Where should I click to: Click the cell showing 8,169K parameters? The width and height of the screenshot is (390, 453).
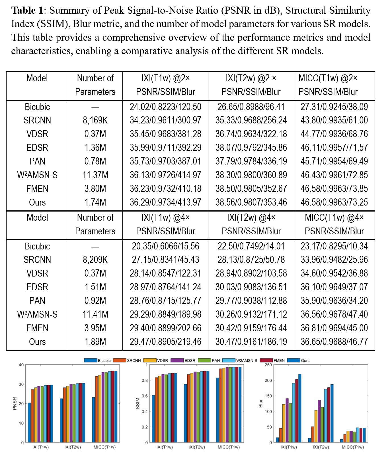click(x=95, y=120)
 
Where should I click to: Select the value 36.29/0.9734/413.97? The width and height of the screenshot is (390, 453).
click(x=165, y=202)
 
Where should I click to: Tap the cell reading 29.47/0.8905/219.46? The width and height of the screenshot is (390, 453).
click(x=165, y=342)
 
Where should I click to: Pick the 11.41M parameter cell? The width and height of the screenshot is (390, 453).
click(x=95, y=314)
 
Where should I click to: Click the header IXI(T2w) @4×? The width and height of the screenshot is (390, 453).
click(x=251, y=218)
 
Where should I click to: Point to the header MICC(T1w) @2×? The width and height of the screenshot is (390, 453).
click(x=328, y=78)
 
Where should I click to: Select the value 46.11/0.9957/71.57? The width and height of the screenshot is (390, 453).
click(x=334, y=148)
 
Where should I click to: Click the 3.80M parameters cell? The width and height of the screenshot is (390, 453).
click(x=95, y=189)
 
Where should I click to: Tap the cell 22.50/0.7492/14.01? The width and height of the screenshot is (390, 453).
click(x=251, y=246)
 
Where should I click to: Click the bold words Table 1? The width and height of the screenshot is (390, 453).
click(x=27, y=11)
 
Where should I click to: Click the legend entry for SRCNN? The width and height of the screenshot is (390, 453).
click(x=127, y=360)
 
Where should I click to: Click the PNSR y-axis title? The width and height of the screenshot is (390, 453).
click(x=15, y=403)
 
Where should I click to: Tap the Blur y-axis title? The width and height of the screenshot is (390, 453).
click(x=260, y=403)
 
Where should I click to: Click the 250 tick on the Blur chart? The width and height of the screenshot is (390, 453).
click(x=268, y=365)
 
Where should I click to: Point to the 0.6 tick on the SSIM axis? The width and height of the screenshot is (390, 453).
click(x=145, y=396)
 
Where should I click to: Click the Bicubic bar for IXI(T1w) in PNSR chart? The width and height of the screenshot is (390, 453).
click(x=29, y=422)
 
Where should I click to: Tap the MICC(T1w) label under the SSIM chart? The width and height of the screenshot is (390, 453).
click(x=229, y=447)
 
